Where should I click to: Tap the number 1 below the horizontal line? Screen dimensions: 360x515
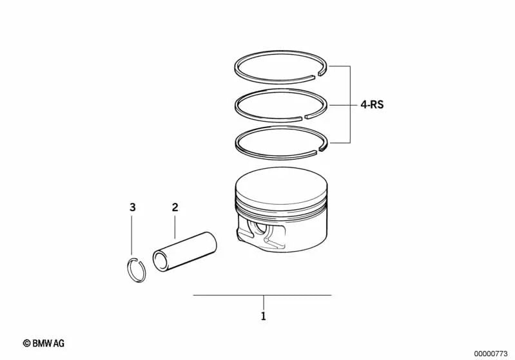tap(263, 316)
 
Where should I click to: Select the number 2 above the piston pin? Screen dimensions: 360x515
tap(175, 207)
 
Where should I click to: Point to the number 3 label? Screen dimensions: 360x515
tap(132, 207)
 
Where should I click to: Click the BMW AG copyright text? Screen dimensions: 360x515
tap(44, 343)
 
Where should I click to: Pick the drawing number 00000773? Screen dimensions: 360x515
tap(491, 353)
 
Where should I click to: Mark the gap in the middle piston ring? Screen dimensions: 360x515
tap(304, 117)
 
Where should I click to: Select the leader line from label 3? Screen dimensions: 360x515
tap(132, 235)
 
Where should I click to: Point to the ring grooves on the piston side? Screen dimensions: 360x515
tap(271, 210)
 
